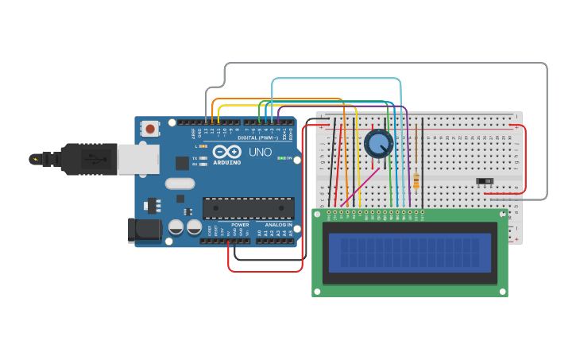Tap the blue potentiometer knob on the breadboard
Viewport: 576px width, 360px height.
point(379,144)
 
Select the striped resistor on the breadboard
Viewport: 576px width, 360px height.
point(416,180)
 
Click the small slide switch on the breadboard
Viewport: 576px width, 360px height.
point(485,181)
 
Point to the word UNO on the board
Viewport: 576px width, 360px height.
point(261,152)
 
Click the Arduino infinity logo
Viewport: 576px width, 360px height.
point(227,152)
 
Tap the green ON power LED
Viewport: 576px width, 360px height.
point(280,158)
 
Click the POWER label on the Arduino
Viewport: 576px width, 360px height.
point(240,225)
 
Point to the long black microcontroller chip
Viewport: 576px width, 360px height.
point(248,208)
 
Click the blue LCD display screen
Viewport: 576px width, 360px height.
point(409,251)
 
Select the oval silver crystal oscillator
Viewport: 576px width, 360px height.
point(180,184)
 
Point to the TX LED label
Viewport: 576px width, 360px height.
point(195,158)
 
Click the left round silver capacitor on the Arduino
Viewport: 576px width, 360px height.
point(176,227)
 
